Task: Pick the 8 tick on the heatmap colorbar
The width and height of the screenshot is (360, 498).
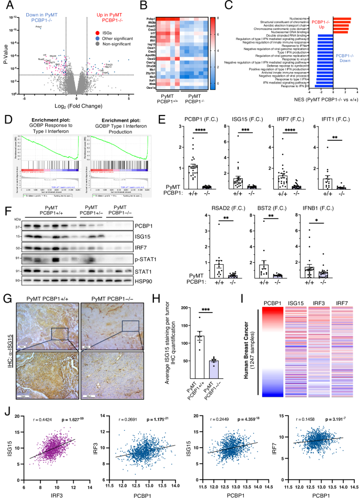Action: coord(210,18)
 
